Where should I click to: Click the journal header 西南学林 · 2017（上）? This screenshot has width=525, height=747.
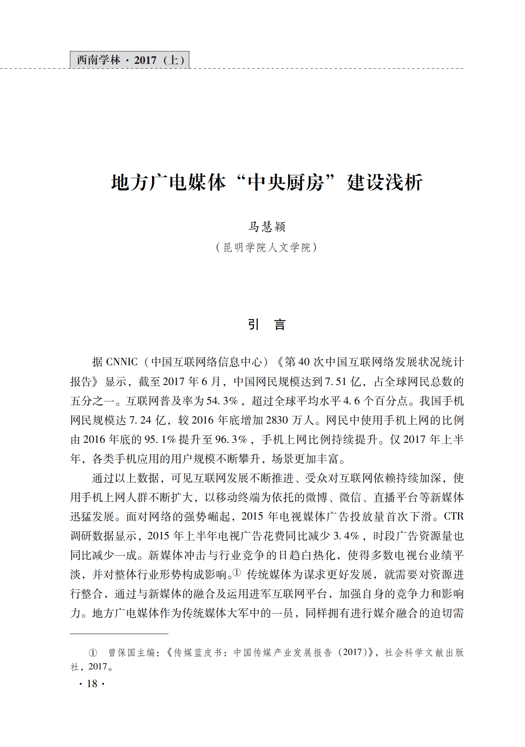tap(130, 60)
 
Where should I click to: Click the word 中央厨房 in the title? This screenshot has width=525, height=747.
tap(286, 182)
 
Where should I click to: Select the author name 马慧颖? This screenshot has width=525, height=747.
tap(266, 227)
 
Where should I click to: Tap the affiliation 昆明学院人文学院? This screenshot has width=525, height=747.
tap(267, 248)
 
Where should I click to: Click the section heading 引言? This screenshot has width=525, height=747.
tap(266, 325)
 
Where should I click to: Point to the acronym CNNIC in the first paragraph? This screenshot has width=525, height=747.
tap(122, 362)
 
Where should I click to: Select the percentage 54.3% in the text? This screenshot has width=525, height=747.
tap(222, 401)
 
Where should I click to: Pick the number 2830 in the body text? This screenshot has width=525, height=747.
tap(277, 420)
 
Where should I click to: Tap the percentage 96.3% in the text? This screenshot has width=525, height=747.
tap(231, 439)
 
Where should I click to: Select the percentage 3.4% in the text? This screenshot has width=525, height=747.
tap(346, 536)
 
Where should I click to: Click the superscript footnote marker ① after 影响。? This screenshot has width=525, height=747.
tap(237, 572)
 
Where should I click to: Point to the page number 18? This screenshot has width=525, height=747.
tap(92, 684)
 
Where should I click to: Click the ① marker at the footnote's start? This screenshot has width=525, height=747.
tap(93, 653)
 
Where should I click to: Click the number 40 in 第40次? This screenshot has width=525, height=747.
tap(304, 362)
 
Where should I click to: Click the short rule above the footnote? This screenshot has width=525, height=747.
tap(119, 634)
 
